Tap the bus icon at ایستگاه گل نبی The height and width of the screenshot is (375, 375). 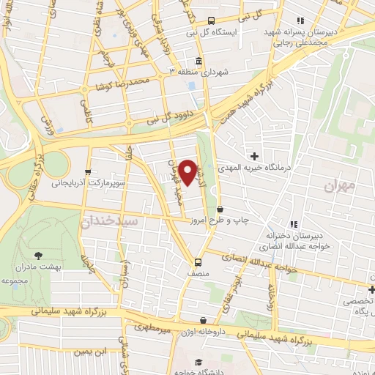pyautogui.click(x=212, y=21)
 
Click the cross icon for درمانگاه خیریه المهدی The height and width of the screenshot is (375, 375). pyautogui.click(x=255, y=155)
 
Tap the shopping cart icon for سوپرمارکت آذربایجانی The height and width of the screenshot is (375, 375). pyautogui.click(x=88, y=172)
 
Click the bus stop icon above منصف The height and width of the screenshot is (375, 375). pyautogui.click(x=198, y=261)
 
